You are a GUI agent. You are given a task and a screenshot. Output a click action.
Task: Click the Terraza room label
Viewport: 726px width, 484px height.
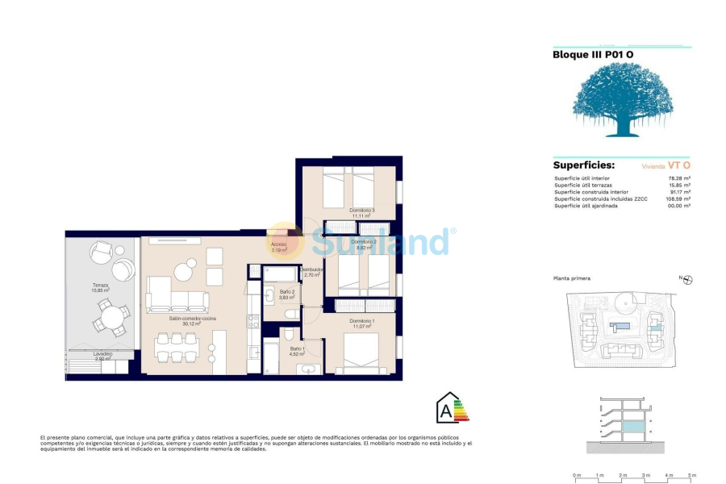(x=100, y=286)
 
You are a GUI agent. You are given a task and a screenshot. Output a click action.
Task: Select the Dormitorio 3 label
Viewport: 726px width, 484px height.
(x=361, y=212)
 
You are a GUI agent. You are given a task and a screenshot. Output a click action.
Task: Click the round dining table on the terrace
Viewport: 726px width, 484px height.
(x=111, y=317)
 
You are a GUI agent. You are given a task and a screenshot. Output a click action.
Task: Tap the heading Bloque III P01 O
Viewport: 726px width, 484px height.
(x=592, y=55)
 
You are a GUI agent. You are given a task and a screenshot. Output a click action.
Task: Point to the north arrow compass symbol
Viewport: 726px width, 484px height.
(x=687, y=280)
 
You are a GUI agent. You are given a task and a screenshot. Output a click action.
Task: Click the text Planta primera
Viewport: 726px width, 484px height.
(x=571, y=278)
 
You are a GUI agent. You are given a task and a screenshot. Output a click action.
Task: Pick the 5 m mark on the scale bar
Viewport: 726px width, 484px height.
(x=691, y=476)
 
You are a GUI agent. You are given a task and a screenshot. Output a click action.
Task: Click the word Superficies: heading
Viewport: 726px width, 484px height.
(x=583, y=165)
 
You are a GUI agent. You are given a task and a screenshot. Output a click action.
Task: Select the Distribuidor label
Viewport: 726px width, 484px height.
(x=312, y=271)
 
